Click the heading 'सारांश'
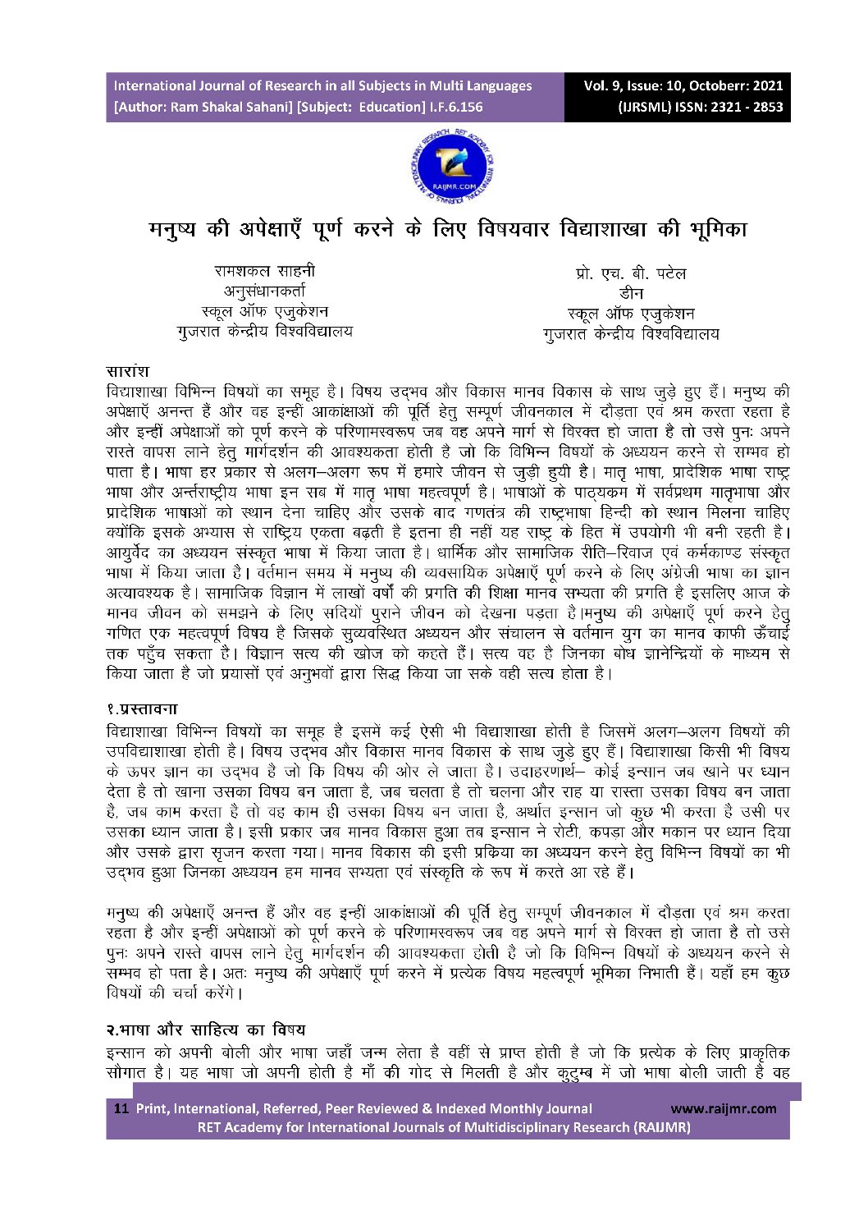click(127, 372)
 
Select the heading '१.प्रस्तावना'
click(142, 709)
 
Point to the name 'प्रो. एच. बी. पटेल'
click(631, 274)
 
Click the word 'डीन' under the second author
click(631, 294)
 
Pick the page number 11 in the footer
click(121, 1108)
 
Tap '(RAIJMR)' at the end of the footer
click(660, 1127)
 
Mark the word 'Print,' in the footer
click(153, 1108)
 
